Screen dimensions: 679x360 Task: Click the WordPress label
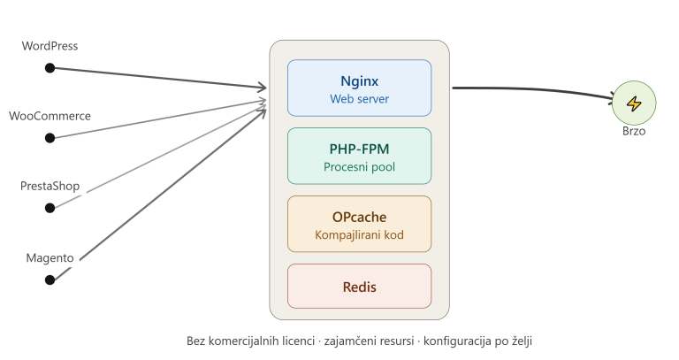pos(50,46)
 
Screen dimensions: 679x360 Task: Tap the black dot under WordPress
pos(50,68)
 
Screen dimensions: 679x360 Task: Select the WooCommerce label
pos(50,116)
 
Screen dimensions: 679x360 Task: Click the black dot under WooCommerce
pos(50,138)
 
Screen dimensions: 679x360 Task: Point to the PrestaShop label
pos(50,187)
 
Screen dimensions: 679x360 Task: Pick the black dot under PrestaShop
pos(50,208)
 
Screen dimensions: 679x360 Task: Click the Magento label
pos(50,258)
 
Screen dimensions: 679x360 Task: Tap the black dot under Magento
pos(50,280)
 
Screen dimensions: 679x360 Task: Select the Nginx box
pos(360,88)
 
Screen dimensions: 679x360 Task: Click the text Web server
pos(360,99)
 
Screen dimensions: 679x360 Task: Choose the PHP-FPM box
pos(360,156)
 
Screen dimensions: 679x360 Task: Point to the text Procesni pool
pos(360,167)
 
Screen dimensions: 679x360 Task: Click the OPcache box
pos(360,224)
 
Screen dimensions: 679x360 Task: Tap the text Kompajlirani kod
pos(360,235)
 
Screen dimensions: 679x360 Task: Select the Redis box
pos(360,287)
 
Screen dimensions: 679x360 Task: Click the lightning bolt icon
pos(634,103)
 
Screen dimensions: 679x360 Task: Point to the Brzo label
pos(634,131)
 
